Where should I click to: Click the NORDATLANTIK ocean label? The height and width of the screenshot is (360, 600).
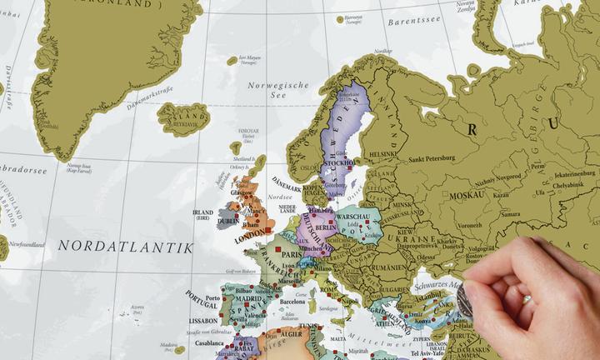[125, 247]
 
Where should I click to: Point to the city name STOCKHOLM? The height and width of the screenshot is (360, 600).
[337, 163]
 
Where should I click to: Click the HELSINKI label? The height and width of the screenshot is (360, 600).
[383, 154]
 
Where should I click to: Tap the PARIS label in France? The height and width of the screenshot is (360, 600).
[289, 254]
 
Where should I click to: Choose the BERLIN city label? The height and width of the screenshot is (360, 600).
[326, 227]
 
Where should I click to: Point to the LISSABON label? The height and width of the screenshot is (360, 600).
[204, 320]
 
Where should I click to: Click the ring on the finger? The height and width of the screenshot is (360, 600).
[526, 297]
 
